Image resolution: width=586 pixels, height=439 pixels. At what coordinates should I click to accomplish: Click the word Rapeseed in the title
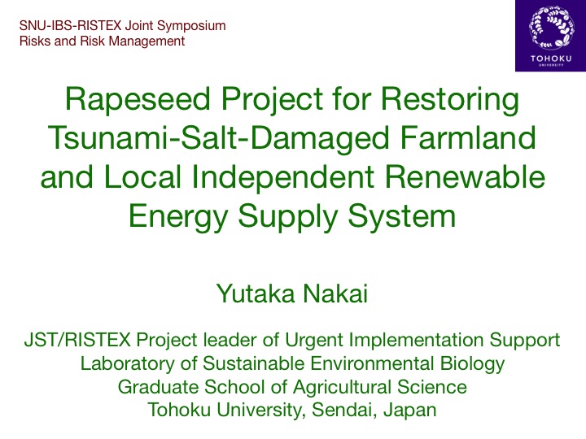[138, 99]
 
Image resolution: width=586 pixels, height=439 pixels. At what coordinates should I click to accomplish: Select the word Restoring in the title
[450, 100]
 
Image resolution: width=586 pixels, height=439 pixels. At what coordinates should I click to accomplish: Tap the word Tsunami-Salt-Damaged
[219, 137]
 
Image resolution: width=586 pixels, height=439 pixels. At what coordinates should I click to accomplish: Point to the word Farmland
[468, 137]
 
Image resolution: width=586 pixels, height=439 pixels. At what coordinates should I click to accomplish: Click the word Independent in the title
[283, 177]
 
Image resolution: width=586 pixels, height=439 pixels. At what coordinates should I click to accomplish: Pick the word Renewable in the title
[465, 176]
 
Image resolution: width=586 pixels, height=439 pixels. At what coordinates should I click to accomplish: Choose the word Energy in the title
[178, 216]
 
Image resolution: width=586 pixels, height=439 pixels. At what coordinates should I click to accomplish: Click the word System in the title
[402, 216]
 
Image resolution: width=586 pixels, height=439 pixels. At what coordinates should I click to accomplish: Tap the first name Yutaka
[256, 293]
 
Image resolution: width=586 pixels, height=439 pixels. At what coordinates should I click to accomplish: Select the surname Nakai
[335, 293]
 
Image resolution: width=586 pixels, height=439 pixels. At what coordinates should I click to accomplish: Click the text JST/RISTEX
[77, 340]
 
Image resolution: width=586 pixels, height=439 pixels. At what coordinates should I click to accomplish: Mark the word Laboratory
[127, 364]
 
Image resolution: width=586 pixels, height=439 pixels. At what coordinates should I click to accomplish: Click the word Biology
[472, 364]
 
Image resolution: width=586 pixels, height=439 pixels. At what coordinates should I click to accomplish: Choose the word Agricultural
[343, 387]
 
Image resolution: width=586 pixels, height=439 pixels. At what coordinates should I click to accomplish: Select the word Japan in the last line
[409, 411]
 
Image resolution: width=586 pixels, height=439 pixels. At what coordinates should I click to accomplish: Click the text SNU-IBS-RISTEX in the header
[70, 26]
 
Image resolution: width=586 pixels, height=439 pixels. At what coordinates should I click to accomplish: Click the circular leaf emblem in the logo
[551, 28]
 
